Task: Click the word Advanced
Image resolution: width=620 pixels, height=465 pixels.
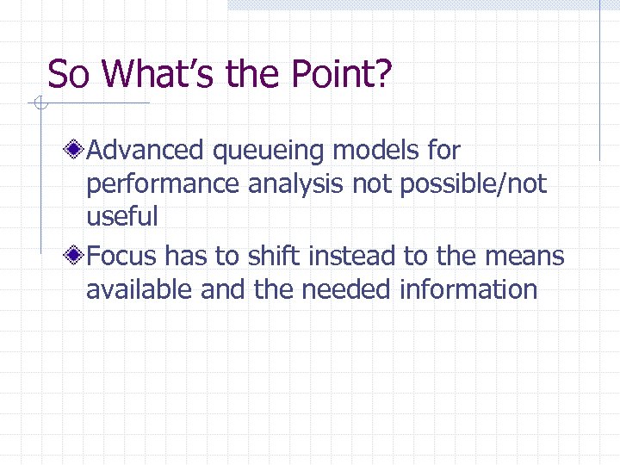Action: click(x=146, y=151)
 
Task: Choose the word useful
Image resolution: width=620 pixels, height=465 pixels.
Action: click(x=122, y=217)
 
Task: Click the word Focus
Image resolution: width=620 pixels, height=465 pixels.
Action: click(x=121, y=256)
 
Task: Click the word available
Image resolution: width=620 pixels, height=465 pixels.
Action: click(x=139, y=289)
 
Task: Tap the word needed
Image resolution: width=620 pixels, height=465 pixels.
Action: click(x=348, y=289)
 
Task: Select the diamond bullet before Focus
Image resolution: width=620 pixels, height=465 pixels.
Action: click(x=77, y=256)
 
